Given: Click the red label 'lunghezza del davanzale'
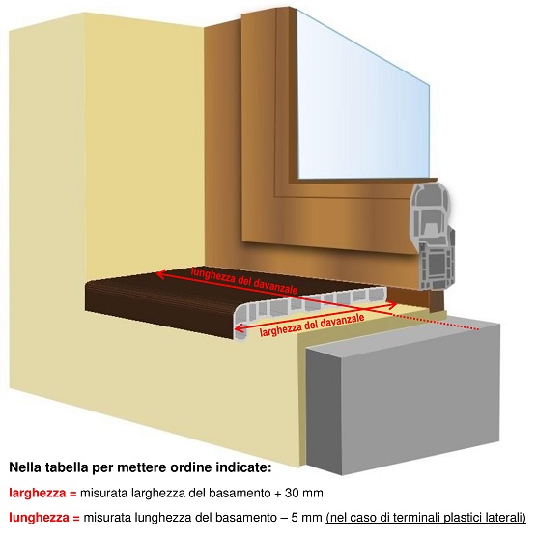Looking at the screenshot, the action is [x=244, y=281].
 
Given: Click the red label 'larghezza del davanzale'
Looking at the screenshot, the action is [x=312, y=325].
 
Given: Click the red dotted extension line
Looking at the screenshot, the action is [x=436, y=322].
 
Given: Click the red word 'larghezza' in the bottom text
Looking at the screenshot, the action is [x=37, y=493].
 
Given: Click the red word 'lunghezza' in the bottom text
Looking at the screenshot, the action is [x=39, y=517].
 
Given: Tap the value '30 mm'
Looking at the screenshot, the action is [x=303, y=493].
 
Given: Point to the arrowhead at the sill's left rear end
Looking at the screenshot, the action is [x=160, y=274].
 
